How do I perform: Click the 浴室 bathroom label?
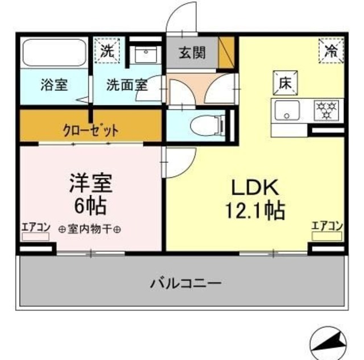pyautogui.click(x=54, y=85)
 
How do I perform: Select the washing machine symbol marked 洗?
pyautogui.click(x=107, y=49)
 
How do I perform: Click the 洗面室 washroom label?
pyautogui.click(x=127, y=85)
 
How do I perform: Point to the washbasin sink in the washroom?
pyautogui.click(x=146, y=55)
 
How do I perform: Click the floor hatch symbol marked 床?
pyautogui.click(x=284, y=82)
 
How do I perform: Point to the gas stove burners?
pyautogui.click(x=327, y=109)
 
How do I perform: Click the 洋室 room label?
pyautogui.click(x=91, y=183)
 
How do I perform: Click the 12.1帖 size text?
pyautogui.click(x=254, y=212)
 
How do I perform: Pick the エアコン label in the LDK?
pyautogui.click(x=326, y=225)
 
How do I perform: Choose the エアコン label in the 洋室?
pyautogui.click(x=36, y=227)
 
